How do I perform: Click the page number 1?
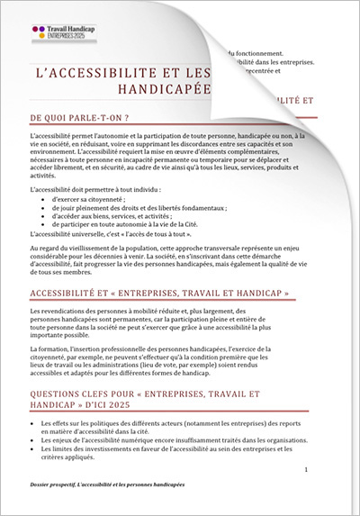pos(307,470)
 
